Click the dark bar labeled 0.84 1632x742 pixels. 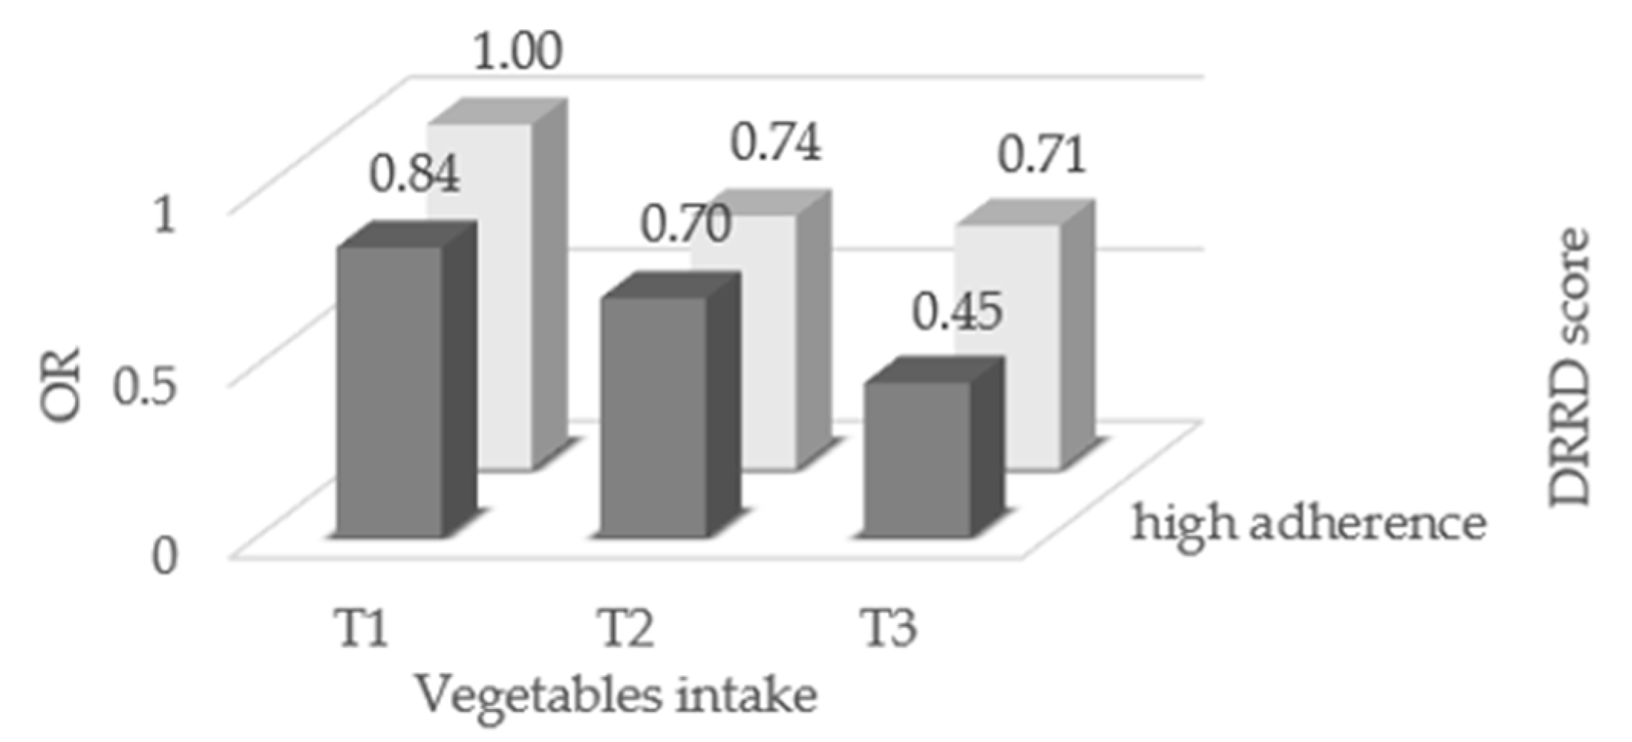[390, 390]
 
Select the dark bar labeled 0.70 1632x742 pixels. [653, 417]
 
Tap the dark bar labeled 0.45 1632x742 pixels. [917, 459]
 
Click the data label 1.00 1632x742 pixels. [517, 52]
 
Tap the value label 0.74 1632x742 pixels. [776, 142]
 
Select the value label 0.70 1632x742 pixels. [685, 225]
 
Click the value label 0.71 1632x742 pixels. [1042, 155]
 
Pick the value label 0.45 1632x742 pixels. [958, 312]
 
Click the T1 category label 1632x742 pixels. [361, 628]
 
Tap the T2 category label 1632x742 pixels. [625, 628]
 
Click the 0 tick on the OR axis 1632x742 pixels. [165, 556]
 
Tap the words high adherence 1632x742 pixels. [1309, 525]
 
